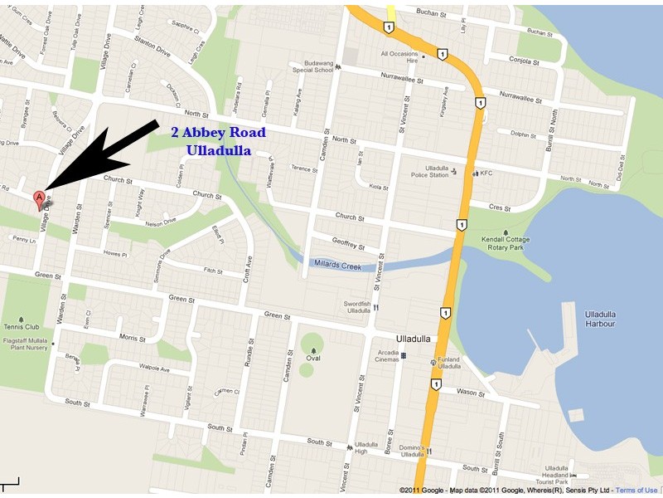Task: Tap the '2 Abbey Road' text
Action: pyautogui.click(x=218, y=132)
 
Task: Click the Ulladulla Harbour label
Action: pyautogui.click(x=588, y=319)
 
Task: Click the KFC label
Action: pyautogui.click(x=486, y=173)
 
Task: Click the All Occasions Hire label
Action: pyautogui.click(x=401, y=57)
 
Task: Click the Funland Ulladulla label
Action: pyautogui.click(x=448, y=363)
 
